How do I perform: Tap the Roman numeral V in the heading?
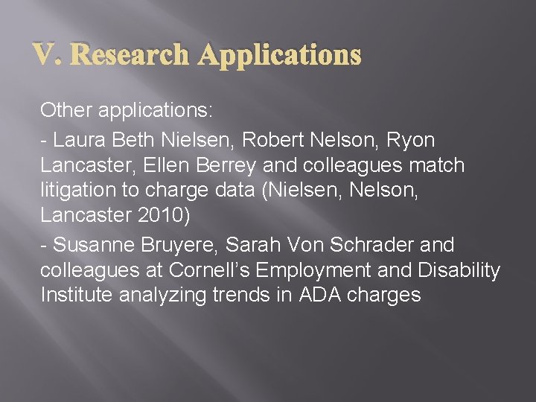coord(42,54)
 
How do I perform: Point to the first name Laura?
coord(79,140)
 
